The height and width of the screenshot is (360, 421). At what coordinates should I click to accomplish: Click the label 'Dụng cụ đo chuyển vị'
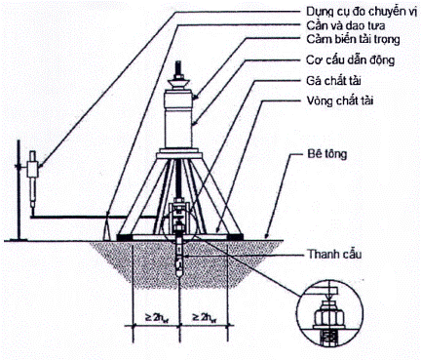361,12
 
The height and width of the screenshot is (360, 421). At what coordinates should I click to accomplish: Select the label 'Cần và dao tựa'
346,25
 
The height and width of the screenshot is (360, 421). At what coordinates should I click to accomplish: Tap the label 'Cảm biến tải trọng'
353,40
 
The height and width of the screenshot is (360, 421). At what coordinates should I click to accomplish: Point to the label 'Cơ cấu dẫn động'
351,60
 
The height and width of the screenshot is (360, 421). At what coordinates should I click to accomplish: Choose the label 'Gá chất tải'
333,80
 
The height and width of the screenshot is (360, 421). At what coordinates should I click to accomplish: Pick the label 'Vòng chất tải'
340,100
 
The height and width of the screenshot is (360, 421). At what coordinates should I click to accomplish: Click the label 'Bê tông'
326,154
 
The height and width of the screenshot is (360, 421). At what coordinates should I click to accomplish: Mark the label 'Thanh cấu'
334,254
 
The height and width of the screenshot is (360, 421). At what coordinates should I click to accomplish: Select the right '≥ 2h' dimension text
205,317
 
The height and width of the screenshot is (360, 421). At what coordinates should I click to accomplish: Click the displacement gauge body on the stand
32,169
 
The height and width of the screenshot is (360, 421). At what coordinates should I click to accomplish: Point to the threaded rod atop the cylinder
178,69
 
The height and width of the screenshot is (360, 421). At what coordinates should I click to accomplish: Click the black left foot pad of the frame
125,237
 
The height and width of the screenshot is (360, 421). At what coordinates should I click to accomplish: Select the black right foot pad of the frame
235,237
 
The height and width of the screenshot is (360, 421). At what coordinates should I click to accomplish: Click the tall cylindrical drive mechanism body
178,128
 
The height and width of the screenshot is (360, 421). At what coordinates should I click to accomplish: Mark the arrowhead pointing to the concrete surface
266,236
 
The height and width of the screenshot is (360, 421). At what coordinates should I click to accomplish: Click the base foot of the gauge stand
19,240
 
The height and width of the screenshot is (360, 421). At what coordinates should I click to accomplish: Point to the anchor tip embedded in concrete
179,270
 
